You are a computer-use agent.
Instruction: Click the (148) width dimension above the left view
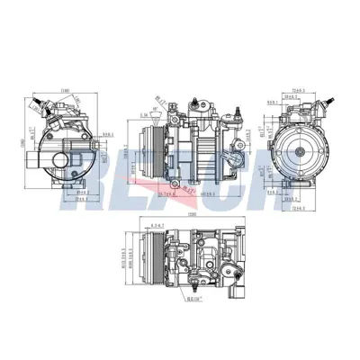(65, 90)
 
